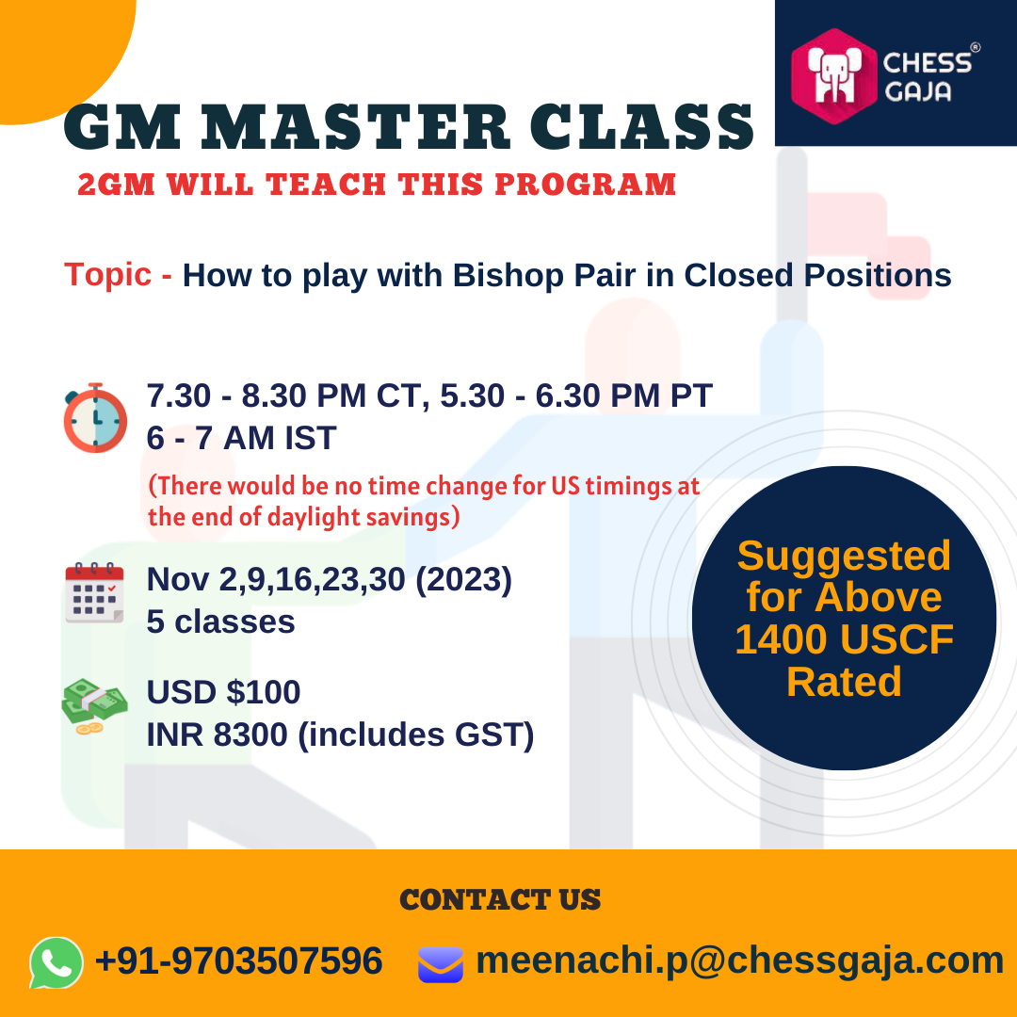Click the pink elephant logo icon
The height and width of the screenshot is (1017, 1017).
(834, 76)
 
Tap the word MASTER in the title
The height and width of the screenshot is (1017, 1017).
(355, 126)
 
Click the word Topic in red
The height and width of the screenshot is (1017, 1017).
(107, 274)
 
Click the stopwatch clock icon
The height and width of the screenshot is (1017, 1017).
(95, 418)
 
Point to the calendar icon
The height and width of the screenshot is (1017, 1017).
(95, 593)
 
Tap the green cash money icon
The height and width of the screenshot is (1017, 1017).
(95, 706)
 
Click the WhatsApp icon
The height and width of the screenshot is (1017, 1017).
(56, 962)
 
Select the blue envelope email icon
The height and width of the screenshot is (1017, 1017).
(441, 964)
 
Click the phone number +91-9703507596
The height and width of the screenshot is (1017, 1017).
(238, 960)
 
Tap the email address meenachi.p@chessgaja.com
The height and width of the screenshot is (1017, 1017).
(739, 961)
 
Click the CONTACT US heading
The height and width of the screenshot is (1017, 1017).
(500, 899)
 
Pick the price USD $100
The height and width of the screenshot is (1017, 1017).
(224, 692)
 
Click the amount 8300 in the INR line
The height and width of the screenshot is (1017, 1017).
(250, 734)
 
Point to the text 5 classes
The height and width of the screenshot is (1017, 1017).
(220, 622)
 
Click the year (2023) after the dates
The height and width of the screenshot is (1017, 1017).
(463, 579)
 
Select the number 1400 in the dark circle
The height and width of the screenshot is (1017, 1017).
(781, 639)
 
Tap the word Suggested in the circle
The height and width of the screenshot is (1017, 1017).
(844, 557)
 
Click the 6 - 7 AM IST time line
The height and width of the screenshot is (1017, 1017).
(241, 438)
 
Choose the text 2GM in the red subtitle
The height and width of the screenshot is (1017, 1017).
(116, 185)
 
